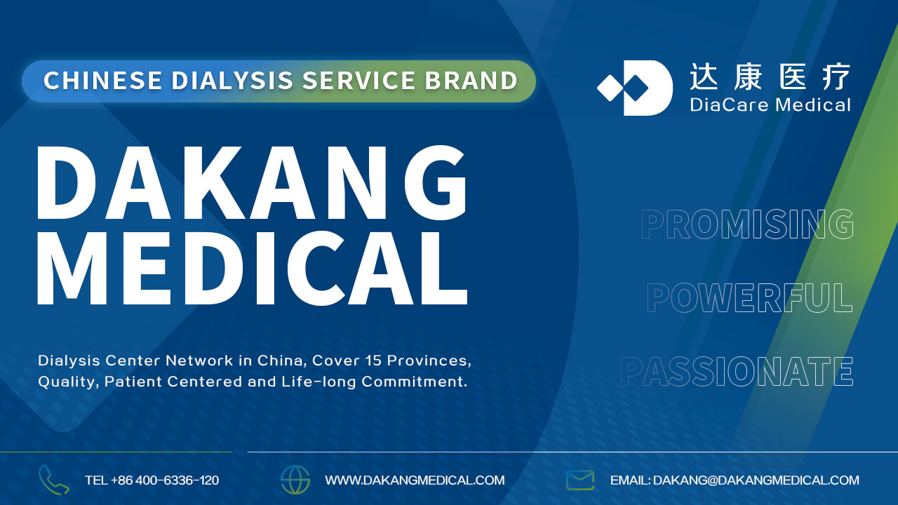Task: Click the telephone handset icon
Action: [54, 480]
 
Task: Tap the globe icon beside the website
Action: [295, 480]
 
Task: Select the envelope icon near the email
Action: [580, 480]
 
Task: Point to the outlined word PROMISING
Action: [747, 224]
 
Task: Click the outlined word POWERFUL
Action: [749, 297]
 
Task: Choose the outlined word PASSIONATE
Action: [737, 372]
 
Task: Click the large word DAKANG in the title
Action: [252, 183]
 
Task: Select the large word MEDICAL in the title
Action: [252, 268]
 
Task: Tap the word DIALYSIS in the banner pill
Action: [232, 81]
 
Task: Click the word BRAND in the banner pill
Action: [471, 81]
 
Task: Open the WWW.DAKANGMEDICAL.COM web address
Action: [415, 480]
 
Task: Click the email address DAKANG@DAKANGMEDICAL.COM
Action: [756, 480]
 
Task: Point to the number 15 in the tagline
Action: [373, 361]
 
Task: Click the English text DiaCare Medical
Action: [770, 105]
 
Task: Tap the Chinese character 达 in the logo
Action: [704, 76]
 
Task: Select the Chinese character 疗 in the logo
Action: [836, 76]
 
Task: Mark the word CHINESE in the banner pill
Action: [102, 81]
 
